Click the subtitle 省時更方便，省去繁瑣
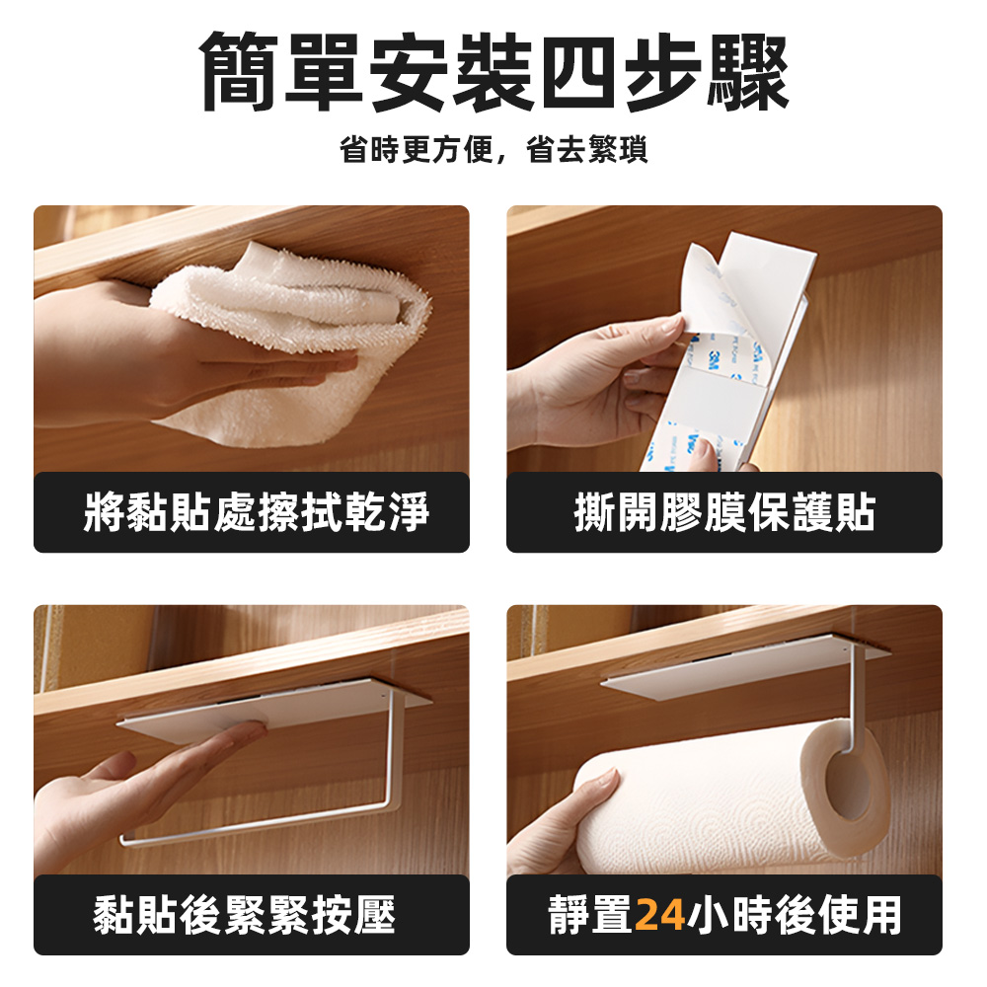[493, 151]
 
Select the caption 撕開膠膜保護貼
[724, 513]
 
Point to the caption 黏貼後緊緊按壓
[245, 915]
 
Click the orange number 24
[660, 915]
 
